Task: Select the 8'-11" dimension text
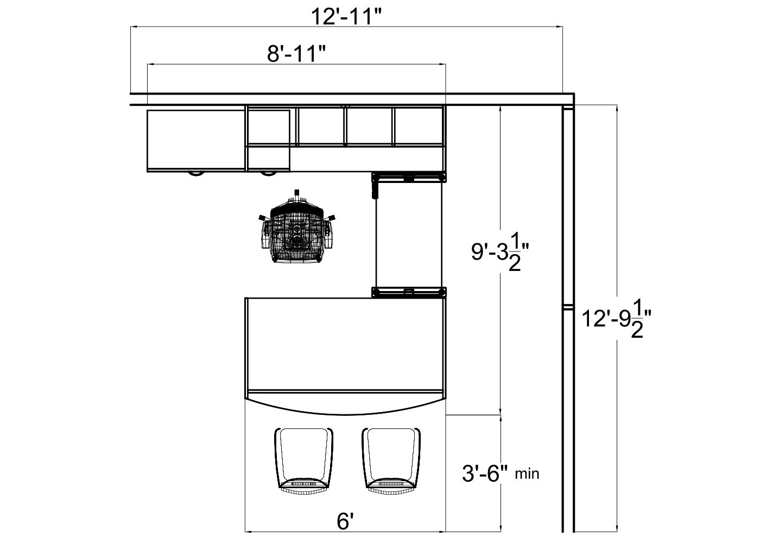pyautogui.click(x=296, y=54)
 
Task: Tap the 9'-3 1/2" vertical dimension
pyautogui.click(x=499, y=256)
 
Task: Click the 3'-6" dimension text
pyautogui.click(x=484, y=473)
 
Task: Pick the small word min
pyautogui.click(x=527, y=474)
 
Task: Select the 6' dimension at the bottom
pyautogui.click(x=345, y=522)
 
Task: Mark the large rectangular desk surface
pyautogui.click(x=345, y=343)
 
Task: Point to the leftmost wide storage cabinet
pyautogui.click(x=195, y=140)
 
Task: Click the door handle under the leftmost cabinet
pyautogui.click(x=196, y=174)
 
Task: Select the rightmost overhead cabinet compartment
pyautogui.click(x=419, y=126)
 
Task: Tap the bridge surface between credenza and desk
pyautogui.click(x=410, y=233)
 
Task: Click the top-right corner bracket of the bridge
pyautogui.click(x=442, y=177)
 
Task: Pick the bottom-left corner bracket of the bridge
pyautogui.click(x=376, y=292)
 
